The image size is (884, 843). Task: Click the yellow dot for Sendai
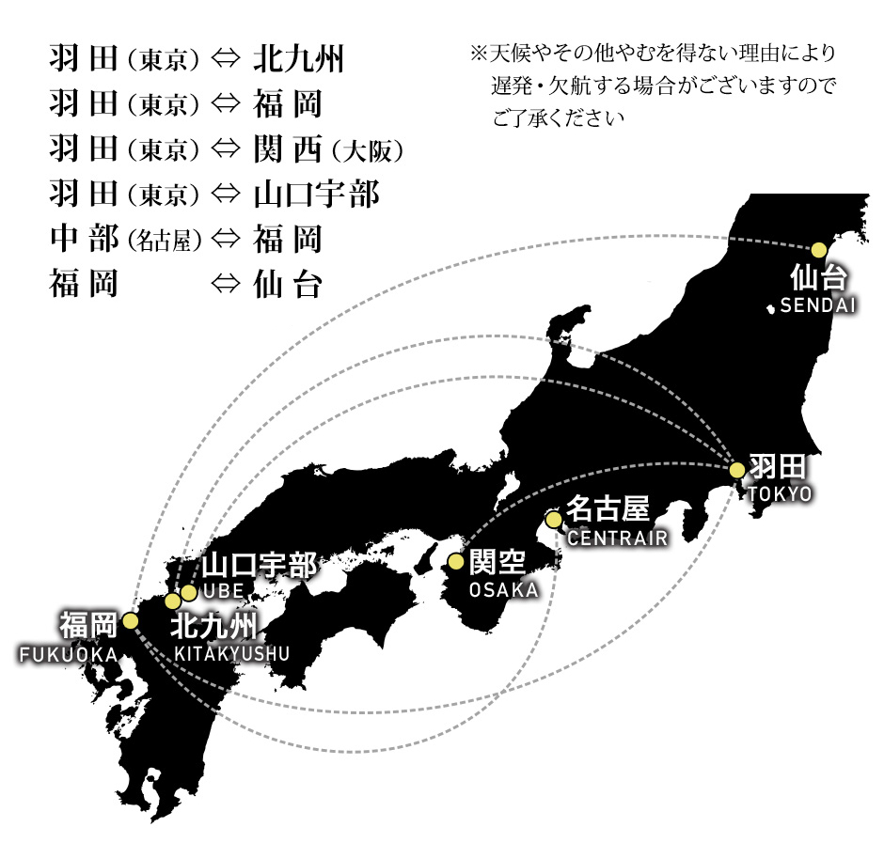tap(819, 249)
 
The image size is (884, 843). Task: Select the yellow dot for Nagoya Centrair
tap(554, 519)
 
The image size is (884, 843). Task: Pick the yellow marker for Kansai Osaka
tap(456, 562)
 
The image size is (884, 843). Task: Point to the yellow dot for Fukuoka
tap(130, 621)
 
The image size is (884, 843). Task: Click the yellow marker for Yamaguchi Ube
tap(189, 592)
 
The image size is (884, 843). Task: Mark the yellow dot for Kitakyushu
tap(173, 601)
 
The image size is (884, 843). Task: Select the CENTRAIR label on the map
tap(618, 539)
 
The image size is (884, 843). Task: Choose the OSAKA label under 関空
tap(504, 590)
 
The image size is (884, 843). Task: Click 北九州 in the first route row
tap(298, 60)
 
